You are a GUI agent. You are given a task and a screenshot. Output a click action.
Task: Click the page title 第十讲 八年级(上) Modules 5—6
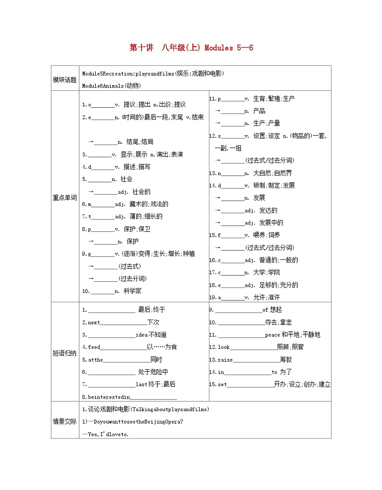click(x=191, y=48)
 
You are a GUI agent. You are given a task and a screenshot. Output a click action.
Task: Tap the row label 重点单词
click(x=64, y=197)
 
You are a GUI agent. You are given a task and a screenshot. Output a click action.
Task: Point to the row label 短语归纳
click(x=64, y=353)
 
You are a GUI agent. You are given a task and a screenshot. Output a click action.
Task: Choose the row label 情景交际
click(x=64, y=421)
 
